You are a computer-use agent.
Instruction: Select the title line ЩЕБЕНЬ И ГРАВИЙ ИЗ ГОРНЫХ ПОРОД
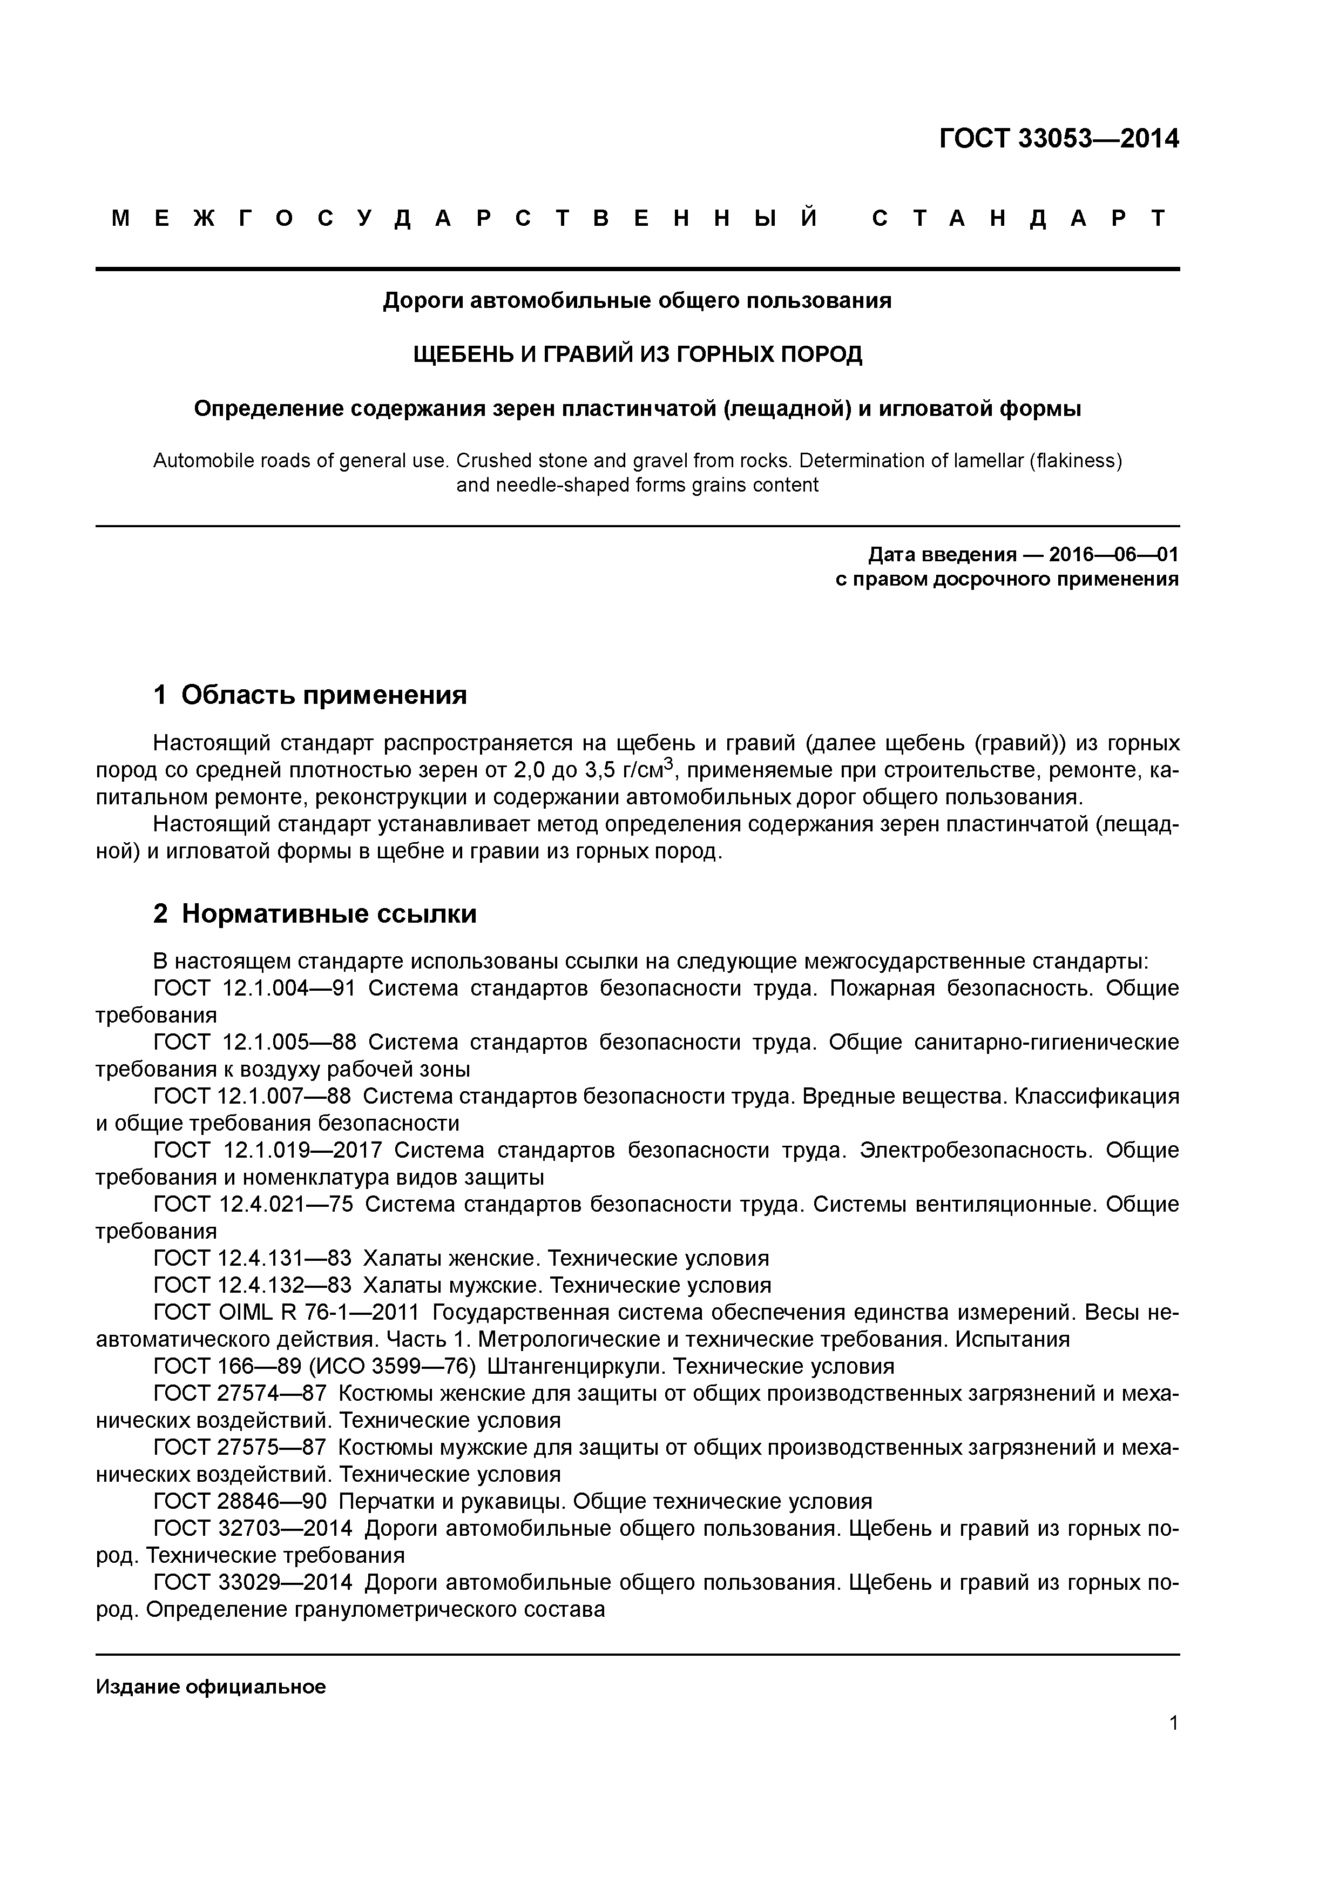click(x=637, y=355)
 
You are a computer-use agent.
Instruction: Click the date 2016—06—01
click(x=1113, y=555)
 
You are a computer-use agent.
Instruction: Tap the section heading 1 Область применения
click(x=310, y=695)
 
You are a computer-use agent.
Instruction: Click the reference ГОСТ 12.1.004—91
click(x=254, y=988)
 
